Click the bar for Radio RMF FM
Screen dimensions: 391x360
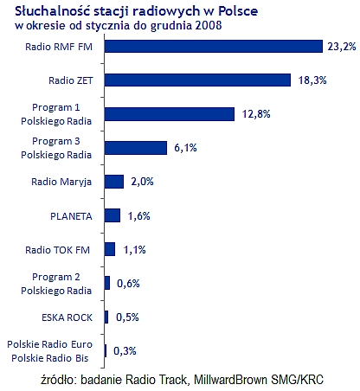point(212,46)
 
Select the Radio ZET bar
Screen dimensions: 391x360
point(196,80)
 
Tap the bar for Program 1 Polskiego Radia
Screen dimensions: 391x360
point(169,113)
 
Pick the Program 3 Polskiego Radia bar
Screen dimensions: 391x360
point(135,147)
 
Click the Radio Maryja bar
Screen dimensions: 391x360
point(114,181)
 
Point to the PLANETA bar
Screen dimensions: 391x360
point(112,215)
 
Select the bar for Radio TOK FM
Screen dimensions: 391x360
point(109,249)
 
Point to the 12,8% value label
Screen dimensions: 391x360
point(253,113)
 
